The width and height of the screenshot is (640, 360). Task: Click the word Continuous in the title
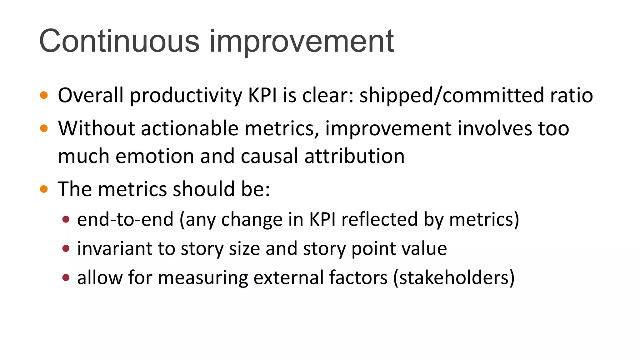click(119, 41)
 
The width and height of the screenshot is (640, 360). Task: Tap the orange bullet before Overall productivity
click(44, 95)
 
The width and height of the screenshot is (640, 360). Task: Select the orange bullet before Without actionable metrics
click(44, 128)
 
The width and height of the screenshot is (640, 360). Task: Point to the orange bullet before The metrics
click(44, 189)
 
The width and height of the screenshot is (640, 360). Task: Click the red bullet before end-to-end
click(66, 219)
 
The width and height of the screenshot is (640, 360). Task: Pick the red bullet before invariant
click(66, 248)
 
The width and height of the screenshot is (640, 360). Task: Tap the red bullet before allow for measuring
click(66, 277)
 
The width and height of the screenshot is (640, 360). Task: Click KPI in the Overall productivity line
click(262, 95)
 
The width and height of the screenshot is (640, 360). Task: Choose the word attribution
click(354, 156)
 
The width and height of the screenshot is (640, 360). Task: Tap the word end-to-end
click(125, 219)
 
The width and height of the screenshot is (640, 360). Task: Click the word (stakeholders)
click(454, 277)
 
